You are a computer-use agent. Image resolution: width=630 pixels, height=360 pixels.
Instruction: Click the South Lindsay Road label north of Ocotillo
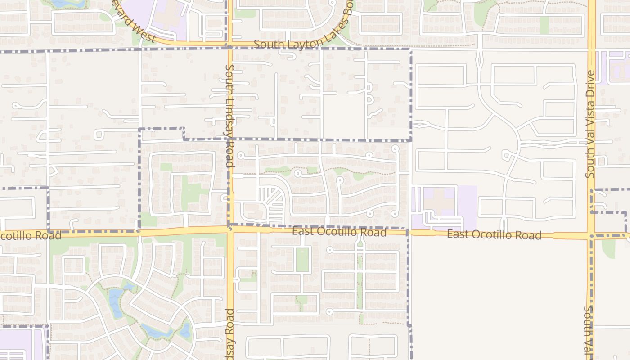click(230, 116)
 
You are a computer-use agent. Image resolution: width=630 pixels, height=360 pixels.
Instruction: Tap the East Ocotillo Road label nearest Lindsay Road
click(339, 232)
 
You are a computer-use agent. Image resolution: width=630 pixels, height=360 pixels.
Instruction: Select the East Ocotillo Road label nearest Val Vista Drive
click(494, 235)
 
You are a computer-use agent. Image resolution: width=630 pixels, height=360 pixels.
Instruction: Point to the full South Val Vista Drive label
click(590, 124)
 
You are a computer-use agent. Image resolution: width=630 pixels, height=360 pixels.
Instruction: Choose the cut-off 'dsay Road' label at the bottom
click(230, 333)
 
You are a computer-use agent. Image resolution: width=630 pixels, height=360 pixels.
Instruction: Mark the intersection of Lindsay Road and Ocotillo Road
click(230, 229)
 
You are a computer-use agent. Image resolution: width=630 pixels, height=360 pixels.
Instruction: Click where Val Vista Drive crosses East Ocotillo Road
click(591, 235)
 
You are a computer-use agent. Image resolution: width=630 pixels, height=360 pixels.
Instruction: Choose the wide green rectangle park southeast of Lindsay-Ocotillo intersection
click(302, 260)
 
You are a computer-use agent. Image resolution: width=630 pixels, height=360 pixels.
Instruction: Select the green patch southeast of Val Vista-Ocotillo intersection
click(608, 248)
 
